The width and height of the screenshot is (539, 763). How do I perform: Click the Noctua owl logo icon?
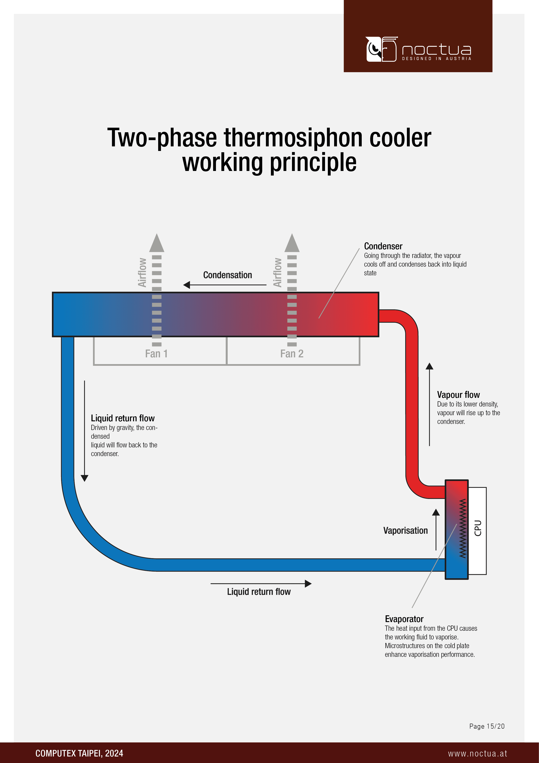coord(381,49)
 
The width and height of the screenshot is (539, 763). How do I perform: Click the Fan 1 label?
coord(156,354)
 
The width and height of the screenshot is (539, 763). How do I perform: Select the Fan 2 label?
coord(292,354)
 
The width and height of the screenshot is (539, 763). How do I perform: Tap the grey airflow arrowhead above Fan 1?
coord(157,243)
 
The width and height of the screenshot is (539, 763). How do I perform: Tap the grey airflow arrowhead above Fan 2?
coord(292,243)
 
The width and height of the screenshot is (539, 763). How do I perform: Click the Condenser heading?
coord(383,246)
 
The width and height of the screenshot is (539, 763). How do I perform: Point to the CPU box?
coord(478,531)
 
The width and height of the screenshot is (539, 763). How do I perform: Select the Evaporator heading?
coord(404,619)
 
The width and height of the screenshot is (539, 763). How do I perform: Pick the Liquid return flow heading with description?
coord(123,418)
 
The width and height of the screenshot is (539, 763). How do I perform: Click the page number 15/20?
coord(487,726)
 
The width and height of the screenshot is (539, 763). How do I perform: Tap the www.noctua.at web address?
coord(477,753)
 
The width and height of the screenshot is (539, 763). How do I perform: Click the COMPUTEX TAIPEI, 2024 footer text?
coord(79,753)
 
